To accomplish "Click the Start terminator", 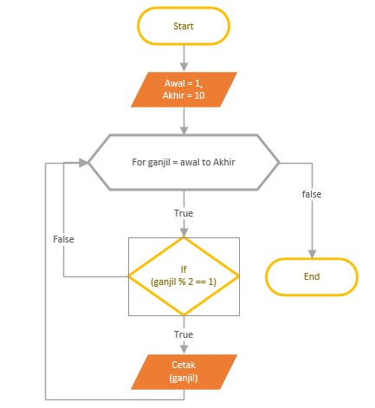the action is click(184, 26).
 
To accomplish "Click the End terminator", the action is click(312, 276).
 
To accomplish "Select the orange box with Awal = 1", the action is click(184, 89).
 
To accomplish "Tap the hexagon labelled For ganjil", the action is click(184, 162).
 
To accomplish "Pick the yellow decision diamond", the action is click(184, 276).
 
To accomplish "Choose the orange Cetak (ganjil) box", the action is click(184, 372).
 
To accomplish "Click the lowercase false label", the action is click(312, 194).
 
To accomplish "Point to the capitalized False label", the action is click(63, 239).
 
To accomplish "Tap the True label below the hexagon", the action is click(184, 213).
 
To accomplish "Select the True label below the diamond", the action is click(184, 334).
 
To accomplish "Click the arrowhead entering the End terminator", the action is click(312, 254).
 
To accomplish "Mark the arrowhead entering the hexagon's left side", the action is click(83, 163).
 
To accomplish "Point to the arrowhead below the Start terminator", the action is click(184, 67).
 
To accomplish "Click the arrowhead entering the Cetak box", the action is click(184, 349).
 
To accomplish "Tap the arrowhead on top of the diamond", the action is click(184, 232).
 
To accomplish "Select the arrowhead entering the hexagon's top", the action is click(184, 130).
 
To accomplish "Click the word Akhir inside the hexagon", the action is click(224, 162).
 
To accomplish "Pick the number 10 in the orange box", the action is click(199, 95).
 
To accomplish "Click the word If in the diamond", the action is click(184, 269).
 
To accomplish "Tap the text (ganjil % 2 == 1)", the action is click(184, 282).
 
